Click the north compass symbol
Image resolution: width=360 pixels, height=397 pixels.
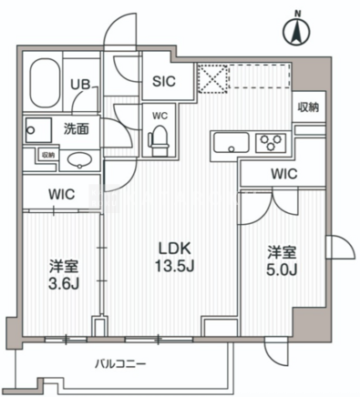[296, 29]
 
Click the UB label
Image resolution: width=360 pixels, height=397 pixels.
[80, 85]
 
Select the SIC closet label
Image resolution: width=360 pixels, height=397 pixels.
[164, 81]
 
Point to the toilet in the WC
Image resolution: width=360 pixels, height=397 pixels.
[159, 140]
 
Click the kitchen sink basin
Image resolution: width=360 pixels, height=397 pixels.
[231, 142]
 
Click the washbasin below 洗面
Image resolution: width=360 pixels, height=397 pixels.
[80, 160]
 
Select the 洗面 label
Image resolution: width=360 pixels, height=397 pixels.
[77, 129]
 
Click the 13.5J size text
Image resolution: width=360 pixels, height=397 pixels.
[174, 266]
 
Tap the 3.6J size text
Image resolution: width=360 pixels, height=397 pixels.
[64, 284]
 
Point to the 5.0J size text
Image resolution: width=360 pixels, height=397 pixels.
[282, 270]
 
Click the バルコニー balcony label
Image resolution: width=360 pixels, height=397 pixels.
[120, 363]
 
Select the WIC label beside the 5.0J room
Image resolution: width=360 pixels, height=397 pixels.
[284, 174]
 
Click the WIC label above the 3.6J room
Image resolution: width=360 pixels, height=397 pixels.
[62, 194]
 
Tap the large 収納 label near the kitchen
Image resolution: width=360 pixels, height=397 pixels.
[308, 107]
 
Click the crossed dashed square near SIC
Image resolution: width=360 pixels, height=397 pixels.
[212, 78]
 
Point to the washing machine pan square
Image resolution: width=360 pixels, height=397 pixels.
[38, 130]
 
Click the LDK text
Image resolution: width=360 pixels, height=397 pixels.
[175, 249]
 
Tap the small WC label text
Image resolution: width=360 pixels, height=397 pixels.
[160, 116]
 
